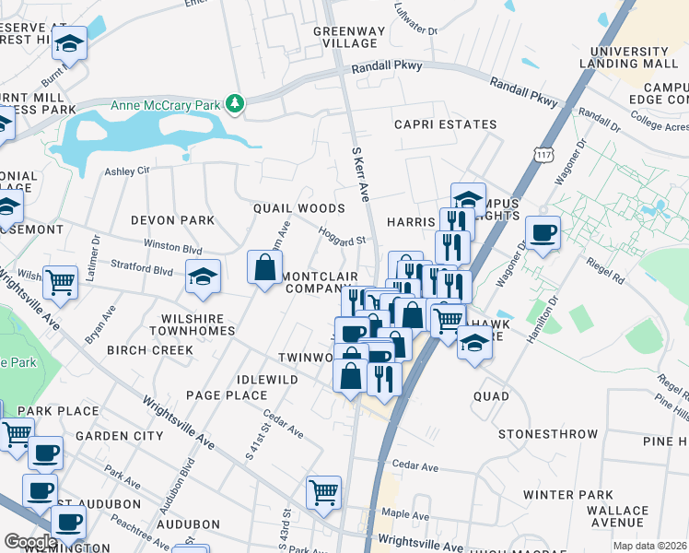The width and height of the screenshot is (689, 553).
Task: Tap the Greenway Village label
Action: click(346, 37)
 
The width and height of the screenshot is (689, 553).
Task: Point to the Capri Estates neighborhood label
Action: click(445, 124)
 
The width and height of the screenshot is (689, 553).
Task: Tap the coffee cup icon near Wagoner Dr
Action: click(543, 232)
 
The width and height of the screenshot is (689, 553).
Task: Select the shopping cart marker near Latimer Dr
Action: click(60, 281)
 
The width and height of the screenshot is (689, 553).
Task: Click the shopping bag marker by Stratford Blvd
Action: click(264, 268)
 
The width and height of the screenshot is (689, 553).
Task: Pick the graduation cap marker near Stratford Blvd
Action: click(203, 276)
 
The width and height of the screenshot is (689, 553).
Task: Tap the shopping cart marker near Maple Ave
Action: click(323, 492)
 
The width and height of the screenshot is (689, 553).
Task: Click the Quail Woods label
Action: click(299, 209)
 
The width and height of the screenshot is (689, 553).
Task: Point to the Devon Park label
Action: click(172, 220)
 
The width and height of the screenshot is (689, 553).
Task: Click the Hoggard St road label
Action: click(342, 236)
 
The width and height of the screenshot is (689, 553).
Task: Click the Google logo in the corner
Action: click(30, 541)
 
